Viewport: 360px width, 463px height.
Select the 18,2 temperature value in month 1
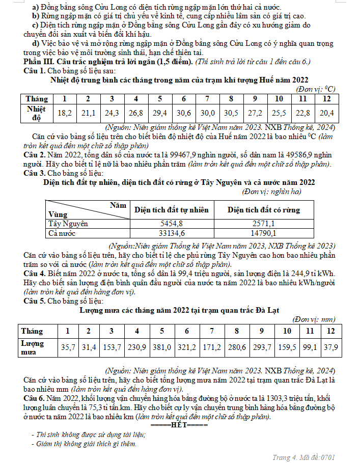click(64, 113)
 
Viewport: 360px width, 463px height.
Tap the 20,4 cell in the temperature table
click(326, 113)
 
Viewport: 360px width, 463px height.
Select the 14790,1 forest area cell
click(263, 233)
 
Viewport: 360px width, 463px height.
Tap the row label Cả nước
click(62, 233)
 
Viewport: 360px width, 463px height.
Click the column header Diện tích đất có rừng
click(263, 209)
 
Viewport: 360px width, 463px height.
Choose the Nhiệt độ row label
click(36, 113)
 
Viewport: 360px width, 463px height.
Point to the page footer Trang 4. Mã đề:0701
click(304, 457)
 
